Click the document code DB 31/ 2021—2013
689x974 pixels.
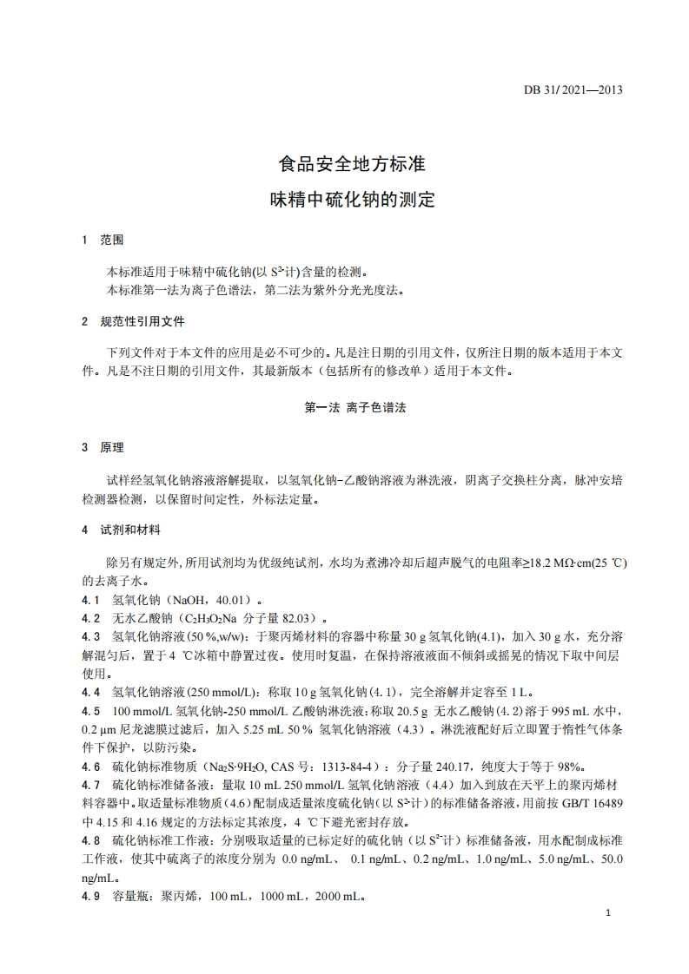click(573, 89)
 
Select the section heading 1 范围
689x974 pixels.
click(103, 240)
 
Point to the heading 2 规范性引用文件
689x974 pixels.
click(133, 322)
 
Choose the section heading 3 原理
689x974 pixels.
click(103, 448)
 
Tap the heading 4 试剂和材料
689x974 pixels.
click(121, 530)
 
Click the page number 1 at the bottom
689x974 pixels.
click(608, 914)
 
